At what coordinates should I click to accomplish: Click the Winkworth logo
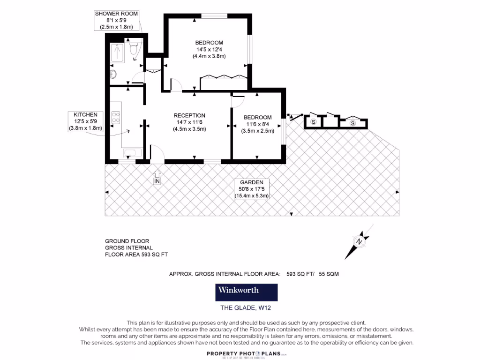(247, 292)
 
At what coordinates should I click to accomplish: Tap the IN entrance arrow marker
(157, 178)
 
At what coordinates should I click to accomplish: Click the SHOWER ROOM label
(117, 14)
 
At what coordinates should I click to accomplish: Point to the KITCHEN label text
(85, 114)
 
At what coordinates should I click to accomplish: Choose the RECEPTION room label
(189, 116)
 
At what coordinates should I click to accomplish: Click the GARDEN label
(251, 182)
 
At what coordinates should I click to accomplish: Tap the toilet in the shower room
(135, 47)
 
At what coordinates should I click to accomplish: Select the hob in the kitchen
(116, 118)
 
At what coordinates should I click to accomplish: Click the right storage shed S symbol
(353, 123)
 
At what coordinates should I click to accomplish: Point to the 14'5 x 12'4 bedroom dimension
(209, 50)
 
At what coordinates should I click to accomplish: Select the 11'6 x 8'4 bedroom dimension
(257, 124)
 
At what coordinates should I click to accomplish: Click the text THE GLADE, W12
(246, 308)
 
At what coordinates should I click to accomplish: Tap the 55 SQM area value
(329, 274)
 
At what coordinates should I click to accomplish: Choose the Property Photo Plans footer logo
(246, 352)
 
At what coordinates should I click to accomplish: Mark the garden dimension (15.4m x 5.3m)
(252, 196)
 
